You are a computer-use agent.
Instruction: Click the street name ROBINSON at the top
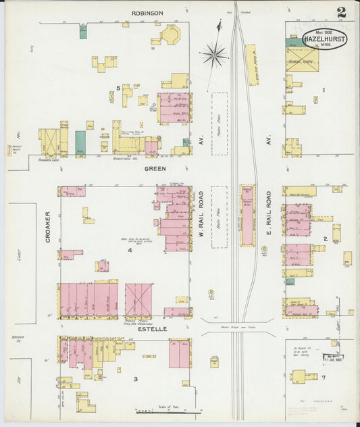click(x=147, y=12)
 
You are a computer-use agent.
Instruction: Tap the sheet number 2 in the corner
click(x=342, y=11)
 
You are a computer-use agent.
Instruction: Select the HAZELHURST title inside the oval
click(x=330, y=39)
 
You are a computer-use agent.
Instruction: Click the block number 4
click(x=130, y=251)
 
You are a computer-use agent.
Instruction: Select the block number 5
click(x=118, y=88)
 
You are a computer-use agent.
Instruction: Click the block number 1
click(x=324, y=90)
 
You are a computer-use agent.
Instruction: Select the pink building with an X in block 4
click(x=138, y=300)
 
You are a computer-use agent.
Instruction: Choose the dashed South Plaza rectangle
click(x=220, y=217)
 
